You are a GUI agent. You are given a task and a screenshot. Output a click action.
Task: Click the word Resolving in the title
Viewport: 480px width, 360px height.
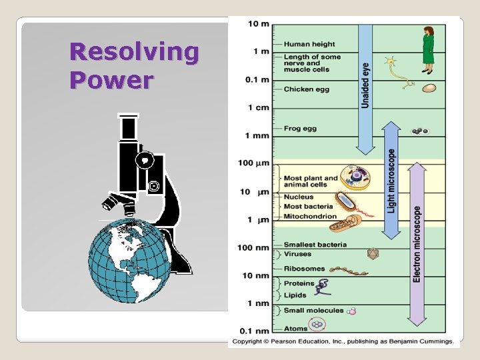[134, 52]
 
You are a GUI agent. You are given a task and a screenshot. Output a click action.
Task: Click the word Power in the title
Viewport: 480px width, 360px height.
[111, 81]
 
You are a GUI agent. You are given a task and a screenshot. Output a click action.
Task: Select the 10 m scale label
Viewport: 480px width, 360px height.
[258, 24]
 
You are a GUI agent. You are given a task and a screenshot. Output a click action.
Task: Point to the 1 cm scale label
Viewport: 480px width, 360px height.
[258, 107]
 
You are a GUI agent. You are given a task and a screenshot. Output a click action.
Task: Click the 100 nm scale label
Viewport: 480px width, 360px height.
[253, 248]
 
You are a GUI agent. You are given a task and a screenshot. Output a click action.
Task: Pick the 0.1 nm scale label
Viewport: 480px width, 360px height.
[254, 331]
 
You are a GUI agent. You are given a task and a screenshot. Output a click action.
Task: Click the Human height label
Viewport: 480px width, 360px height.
[309, 45]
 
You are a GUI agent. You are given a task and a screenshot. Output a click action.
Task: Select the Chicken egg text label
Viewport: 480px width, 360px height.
[306, 89]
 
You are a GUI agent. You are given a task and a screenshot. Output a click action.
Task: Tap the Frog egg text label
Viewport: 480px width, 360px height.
[300, 129]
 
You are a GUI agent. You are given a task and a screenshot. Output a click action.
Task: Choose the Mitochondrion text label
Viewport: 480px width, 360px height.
[310, 217]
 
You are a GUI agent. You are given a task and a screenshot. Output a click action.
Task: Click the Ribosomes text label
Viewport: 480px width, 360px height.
[304, 269]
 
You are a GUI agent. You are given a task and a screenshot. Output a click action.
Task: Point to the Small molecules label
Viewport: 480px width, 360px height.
[313, 311]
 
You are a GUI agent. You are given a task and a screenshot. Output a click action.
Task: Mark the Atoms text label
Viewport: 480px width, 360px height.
[295, 328]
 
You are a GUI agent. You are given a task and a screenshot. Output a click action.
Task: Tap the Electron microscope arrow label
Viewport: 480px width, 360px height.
[417, 244]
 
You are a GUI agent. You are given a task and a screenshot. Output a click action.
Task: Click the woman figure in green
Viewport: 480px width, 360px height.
[428, 49]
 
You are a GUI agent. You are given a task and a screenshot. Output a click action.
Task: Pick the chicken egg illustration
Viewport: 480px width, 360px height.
[429, 87]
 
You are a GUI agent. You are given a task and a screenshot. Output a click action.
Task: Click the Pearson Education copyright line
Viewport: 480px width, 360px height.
[343, 341]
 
